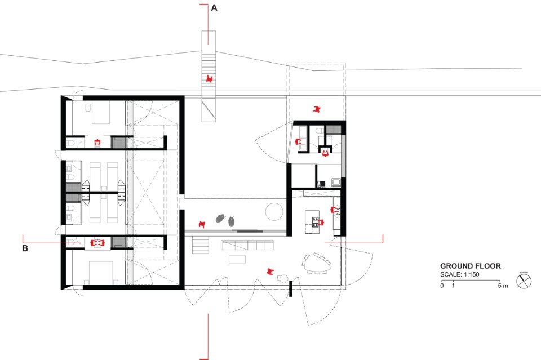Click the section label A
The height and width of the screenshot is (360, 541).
(214, 7)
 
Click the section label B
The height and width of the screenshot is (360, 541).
(25, 248)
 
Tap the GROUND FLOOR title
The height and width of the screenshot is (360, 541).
(470, 266)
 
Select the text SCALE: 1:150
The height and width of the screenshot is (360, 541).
(460, 274)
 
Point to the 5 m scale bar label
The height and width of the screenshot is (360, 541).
(503, 286)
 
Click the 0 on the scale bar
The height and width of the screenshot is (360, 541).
(442, 286)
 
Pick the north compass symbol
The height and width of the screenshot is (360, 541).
(524, 281)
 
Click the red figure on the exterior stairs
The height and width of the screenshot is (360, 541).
(209, 79)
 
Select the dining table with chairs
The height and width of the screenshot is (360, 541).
(316, 264)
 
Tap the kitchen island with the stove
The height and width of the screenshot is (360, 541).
(312, 222)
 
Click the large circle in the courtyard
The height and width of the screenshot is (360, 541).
(274, 211)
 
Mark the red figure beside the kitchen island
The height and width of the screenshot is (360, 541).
(321, 223)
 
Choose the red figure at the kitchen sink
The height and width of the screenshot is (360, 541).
(334, 210)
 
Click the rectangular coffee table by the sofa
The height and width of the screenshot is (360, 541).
(237, 259)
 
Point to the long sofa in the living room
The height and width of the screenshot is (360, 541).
(247, 245)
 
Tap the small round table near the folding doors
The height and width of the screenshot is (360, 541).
(283, 278)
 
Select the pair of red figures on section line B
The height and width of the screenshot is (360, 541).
(97, 243)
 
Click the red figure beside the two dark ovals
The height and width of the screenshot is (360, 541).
(202, 224)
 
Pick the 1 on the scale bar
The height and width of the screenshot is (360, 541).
(453, 286)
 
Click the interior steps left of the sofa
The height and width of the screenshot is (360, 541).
(201, 245)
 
